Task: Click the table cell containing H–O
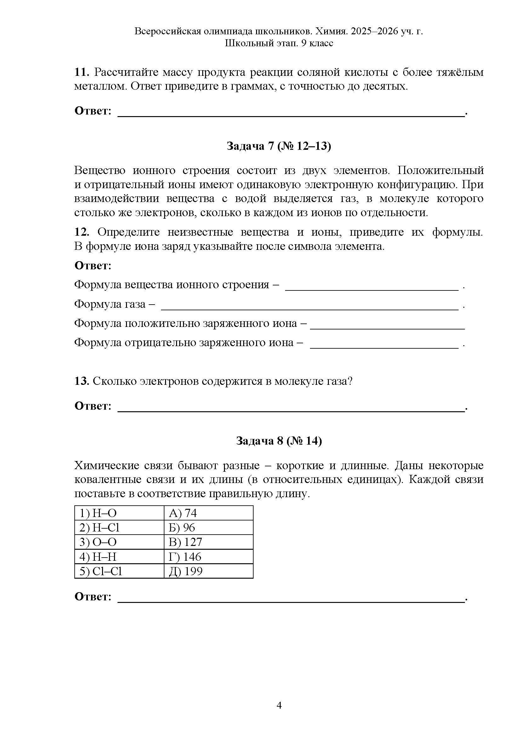point(119,513)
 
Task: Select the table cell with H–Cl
point(119,528)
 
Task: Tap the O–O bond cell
point(119,542)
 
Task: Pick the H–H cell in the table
point(119,557)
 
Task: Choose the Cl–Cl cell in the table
point(119,571)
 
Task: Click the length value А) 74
point(209,513)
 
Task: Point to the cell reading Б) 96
point(209,528)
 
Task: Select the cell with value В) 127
point(209,542)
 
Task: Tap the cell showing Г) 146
point(209,557)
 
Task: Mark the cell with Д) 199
point(209,571)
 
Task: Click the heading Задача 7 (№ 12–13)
point(279,146)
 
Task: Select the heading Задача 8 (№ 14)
point(279,441)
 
